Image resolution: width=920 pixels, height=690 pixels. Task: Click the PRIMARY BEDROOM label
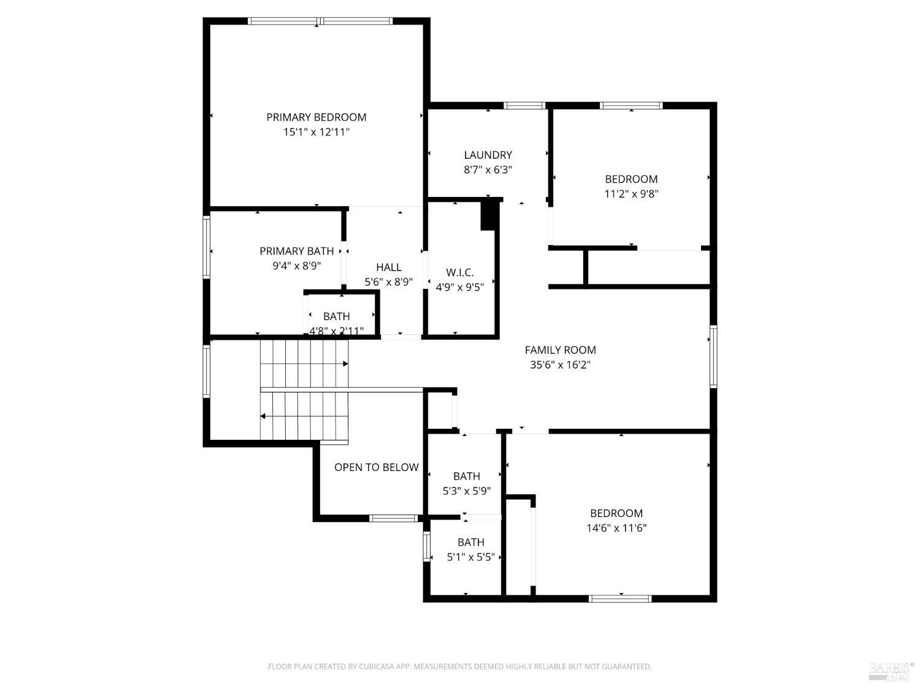point(316,117)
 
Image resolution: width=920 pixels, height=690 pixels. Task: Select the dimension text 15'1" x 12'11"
point(316,132)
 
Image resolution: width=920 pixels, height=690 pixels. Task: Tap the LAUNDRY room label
point(488,155)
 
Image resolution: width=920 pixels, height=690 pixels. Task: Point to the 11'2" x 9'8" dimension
point(631,194)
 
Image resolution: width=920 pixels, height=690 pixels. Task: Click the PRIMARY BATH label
point(296,251)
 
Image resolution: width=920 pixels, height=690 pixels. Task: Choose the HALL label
point(388,267)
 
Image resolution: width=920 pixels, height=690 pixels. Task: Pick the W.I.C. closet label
point(459,273)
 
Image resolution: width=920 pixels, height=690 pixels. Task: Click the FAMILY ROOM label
point(560,350)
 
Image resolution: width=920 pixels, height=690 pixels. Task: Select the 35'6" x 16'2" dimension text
point(560,365)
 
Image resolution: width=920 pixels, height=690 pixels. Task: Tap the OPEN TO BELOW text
point(376,467)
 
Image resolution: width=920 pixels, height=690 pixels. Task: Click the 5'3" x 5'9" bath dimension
point(466,491)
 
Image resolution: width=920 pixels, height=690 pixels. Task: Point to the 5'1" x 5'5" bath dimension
point(470,557)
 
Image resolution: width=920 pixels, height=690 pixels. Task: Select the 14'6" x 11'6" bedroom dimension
point(616,528)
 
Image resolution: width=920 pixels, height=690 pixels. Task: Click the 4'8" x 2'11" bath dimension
point(336,331)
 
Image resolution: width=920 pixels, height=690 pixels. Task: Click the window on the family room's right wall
point(713,356)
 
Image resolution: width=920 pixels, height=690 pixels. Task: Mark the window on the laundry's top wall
point(524,105)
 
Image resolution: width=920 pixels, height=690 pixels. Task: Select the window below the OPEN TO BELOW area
point(393,518)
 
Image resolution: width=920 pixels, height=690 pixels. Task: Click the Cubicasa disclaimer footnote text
point(459,667)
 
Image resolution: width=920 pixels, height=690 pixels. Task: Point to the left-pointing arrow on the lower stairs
point(263,416)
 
